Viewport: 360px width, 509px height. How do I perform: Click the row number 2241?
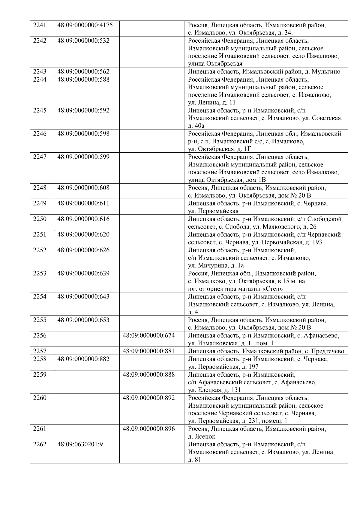[x=40, y=25]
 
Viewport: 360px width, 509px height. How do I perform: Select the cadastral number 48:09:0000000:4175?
[x=85, y=25]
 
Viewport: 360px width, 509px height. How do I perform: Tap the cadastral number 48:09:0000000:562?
[x=83, y=71]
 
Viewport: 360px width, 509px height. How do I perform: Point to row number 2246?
[x=40, y=133]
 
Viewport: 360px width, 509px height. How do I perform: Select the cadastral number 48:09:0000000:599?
[x=83, y=157]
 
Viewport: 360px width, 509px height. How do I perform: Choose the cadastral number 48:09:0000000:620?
[x=83, y=234]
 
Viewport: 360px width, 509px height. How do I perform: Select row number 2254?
[x=40, y=297]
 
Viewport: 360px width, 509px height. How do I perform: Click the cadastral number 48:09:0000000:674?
[x=149, y=335]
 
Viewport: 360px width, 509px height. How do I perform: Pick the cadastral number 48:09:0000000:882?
[x=83, y=359]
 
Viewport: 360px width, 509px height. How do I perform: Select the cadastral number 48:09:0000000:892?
[x=149, y=398]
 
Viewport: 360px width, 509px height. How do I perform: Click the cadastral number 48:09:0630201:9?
[x=80, y=444]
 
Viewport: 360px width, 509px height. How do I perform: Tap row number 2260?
[x=40, y=398]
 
